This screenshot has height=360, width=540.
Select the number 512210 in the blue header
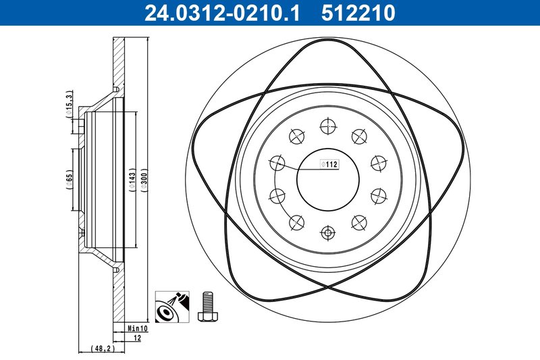pyautogui.click(x=358, y=13)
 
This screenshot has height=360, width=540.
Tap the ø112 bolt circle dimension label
pyautogui.click(x=328, y=163)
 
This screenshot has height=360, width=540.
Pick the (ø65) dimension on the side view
pyautogui.click(x=69, y=179)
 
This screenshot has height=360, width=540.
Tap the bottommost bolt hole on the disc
pyautogui.click(x=328, y=232)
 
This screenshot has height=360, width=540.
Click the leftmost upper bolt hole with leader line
pyautogui.click(x=277, y=163)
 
